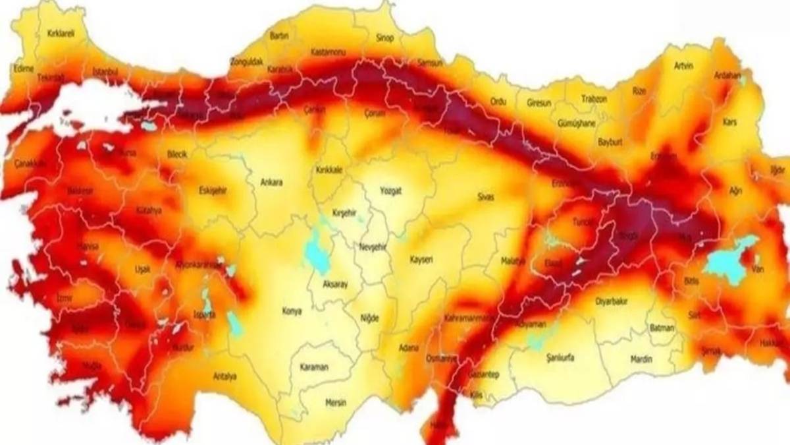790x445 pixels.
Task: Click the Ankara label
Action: [271, 183]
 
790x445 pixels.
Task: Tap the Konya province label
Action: [292, 311]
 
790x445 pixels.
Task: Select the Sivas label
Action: [486, 197]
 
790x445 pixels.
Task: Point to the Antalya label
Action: [224, 376]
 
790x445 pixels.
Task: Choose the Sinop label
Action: [384, 38]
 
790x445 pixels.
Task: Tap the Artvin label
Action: [684, 65]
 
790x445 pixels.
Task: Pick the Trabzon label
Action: [594, 99]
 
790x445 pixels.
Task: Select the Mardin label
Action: [641, 359]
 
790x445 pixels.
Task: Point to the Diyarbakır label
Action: [612, 301]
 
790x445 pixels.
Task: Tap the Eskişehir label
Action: [212, 191]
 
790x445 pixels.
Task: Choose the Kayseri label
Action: [421, 260]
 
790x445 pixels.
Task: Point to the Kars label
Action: [729, 123]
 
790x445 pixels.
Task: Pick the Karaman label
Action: [313, 367]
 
